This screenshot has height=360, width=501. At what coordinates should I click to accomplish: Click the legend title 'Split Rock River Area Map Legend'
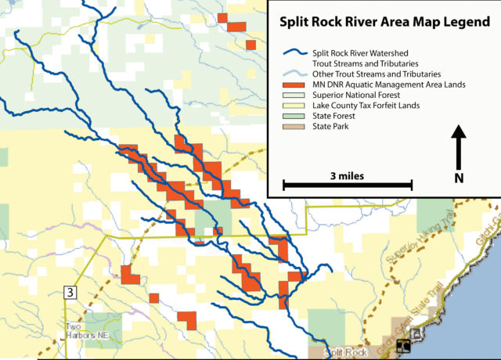pos(385,23)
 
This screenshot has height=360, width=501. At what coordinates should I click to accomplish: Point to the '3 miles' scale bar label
pos(347,175)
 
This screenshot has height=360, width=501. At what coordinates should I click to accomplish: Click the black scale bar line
pos(348,185)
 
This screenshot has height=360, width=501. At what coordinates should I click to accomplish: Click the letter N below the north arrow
pos(459,178)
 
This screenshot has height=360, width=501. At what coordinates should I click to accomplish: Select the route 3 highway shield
pos(71,293)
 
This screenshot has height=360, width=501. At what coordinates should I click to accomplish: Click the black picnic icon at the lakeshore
pos(403,345)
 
